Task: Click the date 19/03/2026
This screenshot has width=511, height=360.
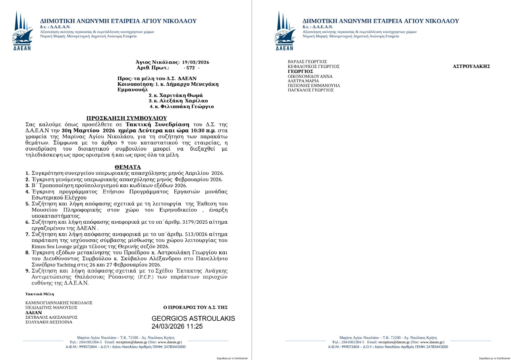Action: point(196,62)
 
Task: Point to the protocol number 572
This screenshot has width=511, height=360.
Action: point(191,68)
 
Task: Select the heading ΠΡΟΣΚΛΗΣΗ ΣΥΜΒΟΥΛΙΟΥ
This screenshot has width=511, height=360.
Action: point(127,118)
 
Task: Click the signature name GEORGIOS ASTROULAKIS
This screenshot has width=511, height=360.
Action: point(193,319)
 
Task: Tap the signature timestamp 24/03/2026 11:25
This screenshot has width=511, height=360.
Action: point(177,327)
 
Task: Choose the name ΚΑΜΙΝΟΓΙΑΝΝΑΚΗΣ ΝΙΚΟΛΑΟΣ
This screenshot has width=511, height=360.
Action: point(59,303)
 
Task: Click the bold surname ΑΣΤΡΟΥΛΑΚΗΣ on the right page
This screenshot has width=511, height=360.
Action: point(471,66)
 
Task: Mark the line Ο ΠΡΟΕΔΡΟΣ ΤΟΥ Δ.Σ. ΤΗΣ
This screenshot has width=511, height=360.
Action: point(195,307)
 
